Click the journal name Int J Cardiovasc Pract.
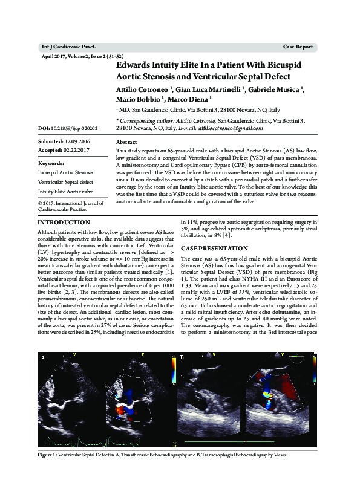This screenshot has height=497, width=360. point(68,47)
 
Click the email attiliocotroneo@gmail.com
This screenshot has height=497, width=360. point(232,128)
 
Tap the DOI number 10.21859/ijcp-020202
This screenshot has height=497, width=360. point(68,129)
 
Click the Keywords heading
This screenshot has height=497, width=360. point(51,163)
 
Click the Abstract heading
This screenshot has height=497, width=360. point(126,141)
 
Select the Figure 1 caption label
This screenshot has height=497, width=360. point(48,455)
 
